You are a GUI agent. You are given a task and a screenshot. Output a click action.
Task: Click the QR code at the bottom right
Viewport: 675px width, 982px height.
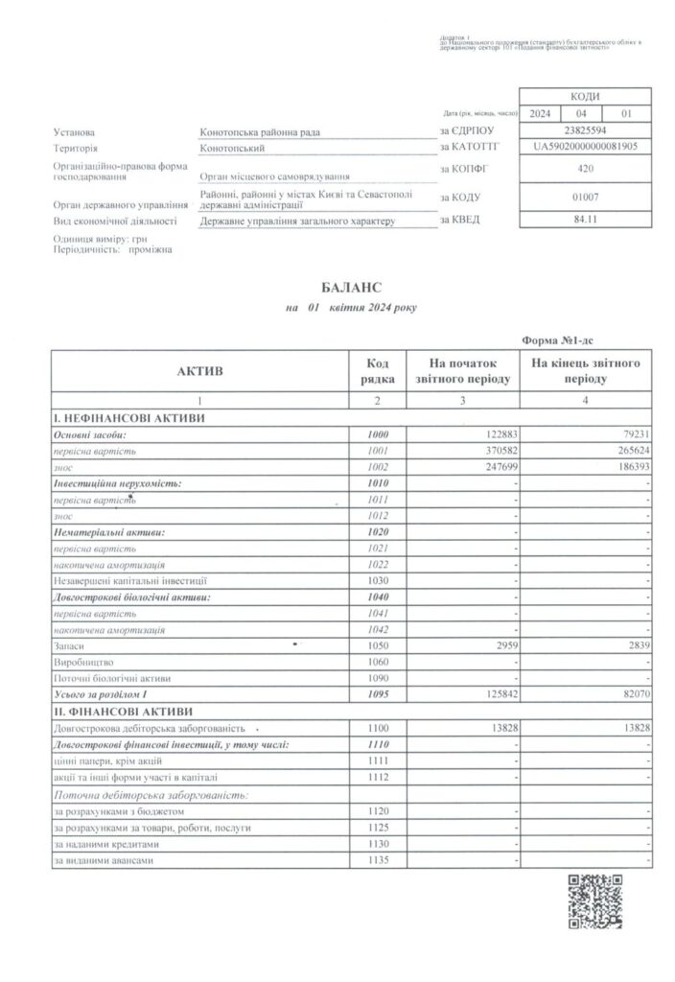tap(596, 902)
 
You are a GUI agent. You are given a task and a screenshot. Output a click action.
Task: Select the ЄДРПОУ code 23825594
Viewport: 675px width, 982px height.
tap(585, 130)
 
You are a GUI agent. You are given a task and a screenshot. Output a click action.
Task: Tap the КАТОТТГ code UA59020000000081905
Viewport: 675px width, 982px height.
tap(585, 148)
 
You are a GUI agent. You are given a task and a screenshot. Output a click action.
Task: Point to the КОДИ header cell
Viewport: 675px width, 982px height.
tap(585, 96)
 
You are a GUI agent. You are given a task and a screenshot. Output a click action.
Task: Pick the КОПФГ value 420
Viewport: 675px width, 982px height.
tap(585, 169)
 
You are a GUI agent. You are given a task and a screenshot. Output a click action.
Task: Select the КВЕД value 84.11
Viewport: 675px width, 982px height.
tap(585, 220)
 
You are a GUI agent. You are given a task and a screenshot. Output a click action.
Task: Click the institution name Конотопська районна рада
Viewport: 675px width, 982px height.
tap(259, 131)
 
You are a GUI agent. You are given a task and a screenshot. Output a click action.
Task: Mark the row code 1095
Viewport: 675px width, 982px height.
tap(378, 692)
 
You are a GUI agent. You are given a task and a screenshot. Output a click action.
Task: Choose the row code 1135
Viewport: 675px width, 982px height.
tap(378, 860)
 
